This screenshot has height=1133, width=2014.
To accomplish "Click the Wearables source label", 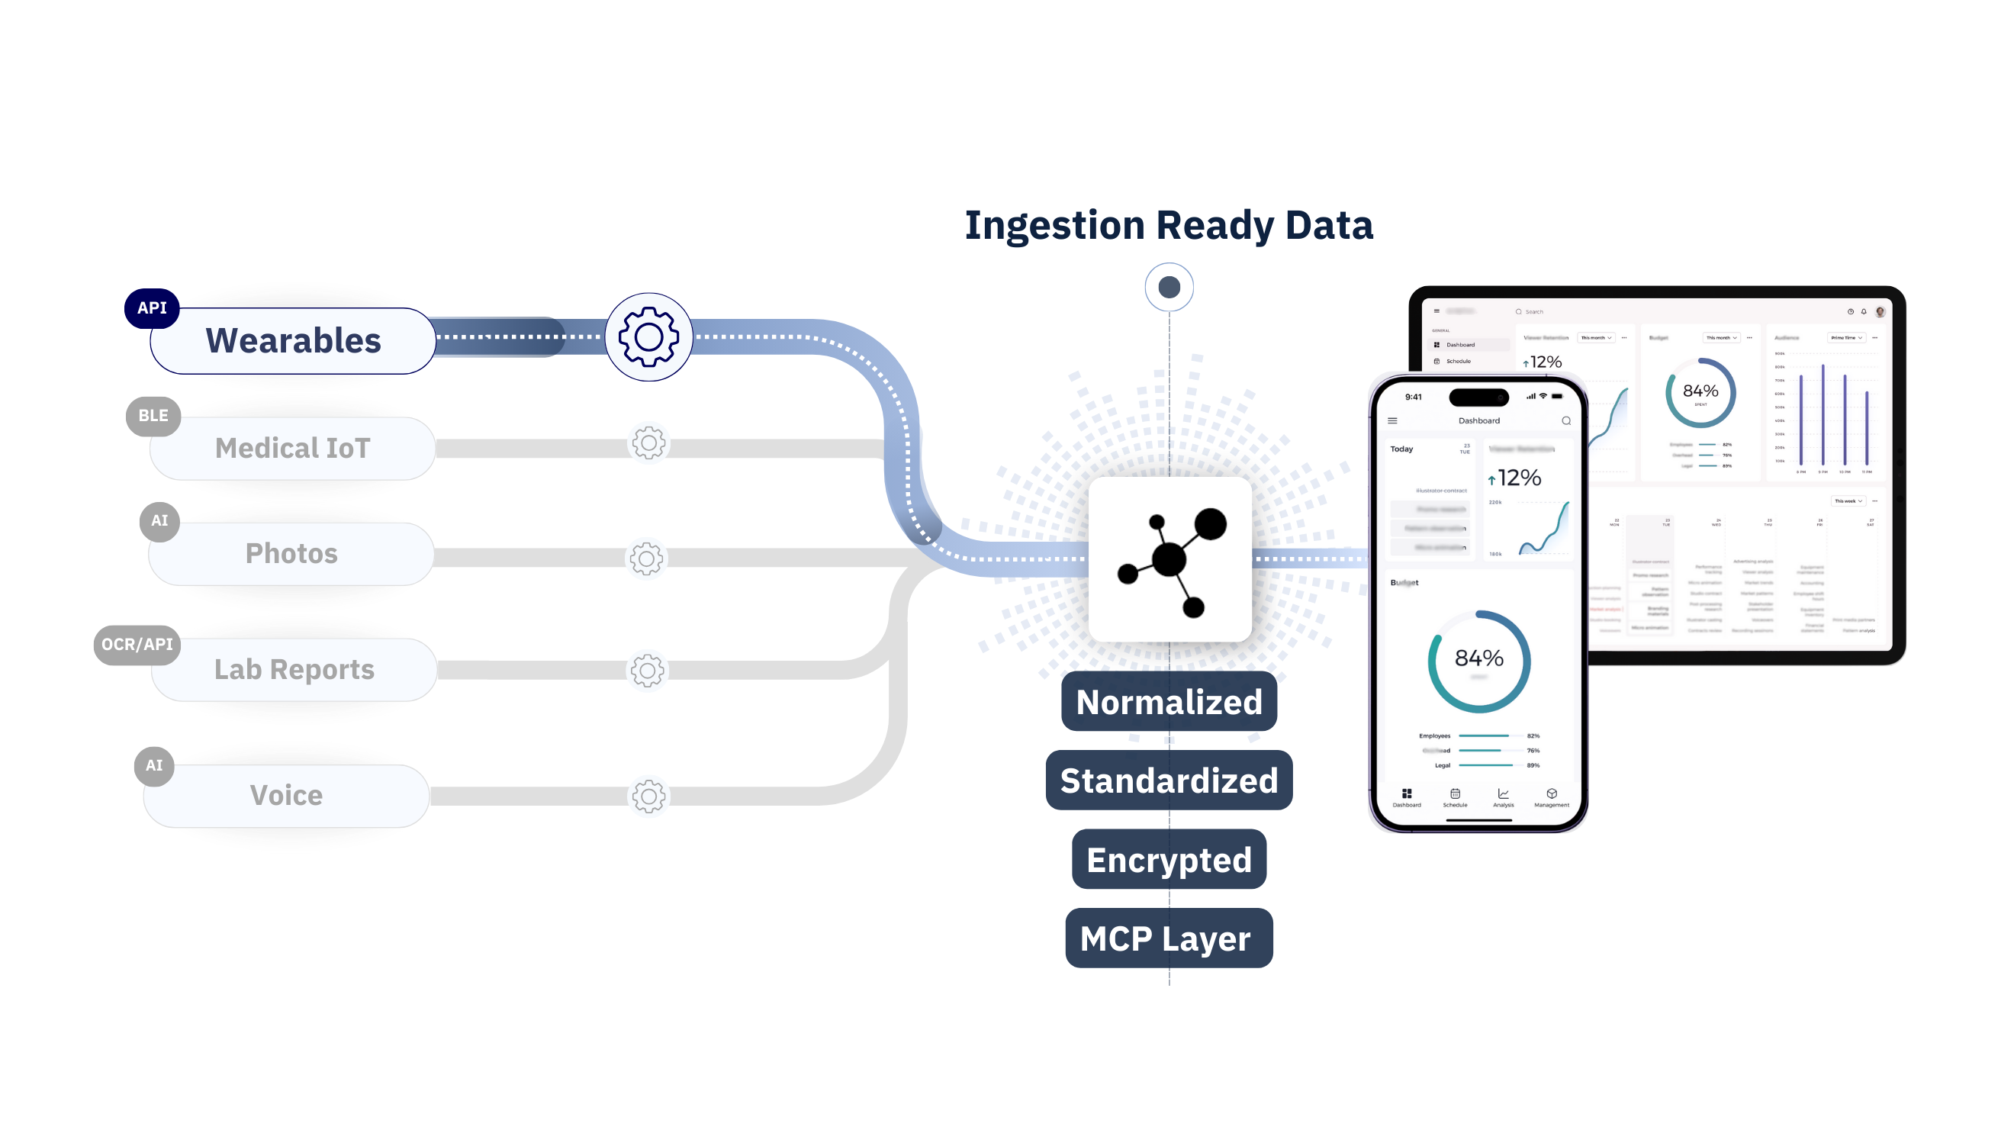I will point(293,341).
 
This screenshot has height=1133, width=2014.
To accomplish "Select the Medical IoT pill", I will point(292,448).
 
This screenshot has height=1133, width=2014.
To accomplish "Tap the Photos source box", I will point(291,554).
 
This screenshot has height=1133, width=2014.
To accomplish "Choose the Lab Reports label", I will point(294,669).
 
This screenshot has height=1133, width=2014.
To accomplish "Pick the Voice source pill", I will point(286,795).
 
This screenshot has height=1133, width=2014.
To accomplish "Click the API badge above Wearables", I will point(152,308).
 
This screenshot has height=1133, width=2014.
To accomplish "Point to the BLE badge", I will point(153,416).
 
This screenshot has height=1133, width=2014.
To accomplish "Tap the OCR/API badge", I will point(137,644).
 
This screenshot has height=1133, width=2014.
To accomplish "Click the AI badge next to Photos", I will point(159,521).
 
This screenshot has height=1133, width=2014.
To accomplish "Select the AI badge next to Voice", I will point(154,765).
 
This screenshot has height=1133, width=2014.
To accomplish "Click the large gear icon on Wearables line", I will point(648,337).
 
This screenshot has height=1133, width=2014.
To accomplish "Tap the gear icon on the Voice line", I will point(648,796).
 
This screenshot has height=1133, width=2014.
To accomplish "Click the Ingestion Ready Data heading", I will point(1169,225).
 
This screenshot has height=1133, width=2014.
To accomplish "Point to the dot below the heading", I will point(1169,287).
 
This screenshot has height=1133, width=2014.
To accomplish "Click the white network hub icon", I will point(1169,559).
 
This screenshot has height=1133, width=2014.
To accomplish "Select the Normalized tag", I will point(1169,702).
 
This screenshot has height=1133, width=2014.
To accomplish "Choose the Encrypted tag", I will point(1169,860).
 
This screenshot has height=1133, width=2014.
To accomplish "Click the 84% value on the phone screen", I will point(1478,658).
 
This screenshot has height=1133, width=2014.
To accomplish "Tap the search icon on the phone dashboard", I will point(1566,420).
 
